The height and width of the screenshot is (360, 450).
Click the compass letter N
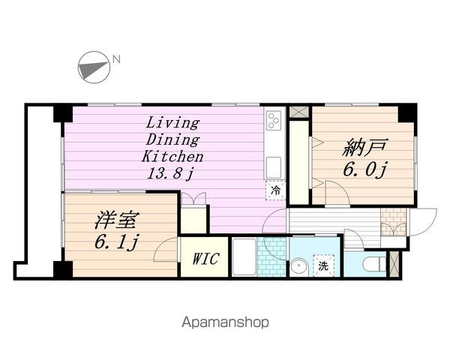point(116,59)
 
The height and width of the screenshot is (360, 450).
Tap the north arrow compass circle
point(94,67)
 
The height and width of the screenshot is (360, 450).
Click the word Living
point(172,123)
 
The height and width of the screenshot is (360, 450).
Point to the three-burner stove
point(274,120)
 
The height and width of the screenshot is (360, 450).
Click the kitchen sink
point(274,168)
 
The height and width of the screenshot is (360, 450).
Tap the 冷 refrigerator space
point(275,190)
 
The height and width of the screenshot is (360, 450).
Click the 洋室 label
point(118,220)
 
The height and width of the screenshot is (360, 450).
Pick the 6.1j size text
point(116,242)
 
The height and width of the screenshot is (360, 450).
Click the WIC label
point(206,259)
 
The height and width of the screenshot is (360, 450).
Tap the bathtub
point(244,256)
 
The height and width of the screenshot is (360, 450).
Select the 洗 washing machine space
point(323,265)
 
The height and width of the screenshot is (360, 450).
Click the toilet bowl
point(374,264)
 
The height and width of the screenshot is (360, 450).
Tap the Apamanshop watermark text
point(226,322)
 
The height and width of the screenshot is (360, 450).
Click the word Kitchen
point(172,157)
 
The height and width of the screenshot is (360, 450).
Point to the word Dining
point(172,139)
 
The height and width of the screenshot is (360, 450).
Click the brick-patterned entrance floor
point(394,222)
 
